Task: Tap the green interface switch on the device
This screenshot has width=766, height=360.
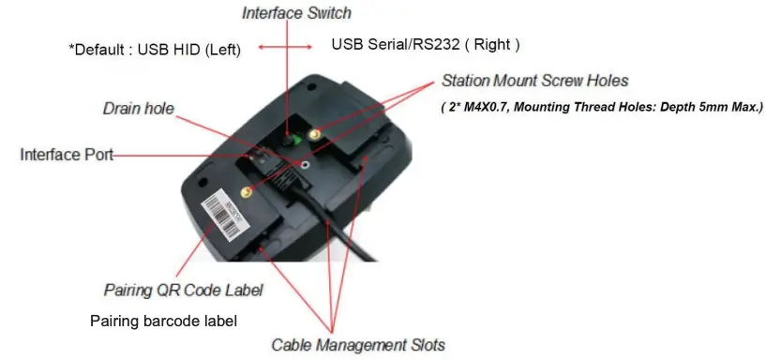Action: point(293,140)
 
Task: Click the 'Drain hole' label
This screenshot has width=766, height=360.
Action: point(138,109)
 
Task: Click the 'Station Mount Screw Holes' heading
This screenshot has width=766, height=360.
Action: point(534,81)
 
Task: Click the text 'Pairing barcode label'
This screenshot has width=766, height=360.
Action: point(163,321)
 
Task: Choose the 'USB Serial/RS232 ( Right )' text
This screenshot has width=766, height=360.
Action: point(426,44)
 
